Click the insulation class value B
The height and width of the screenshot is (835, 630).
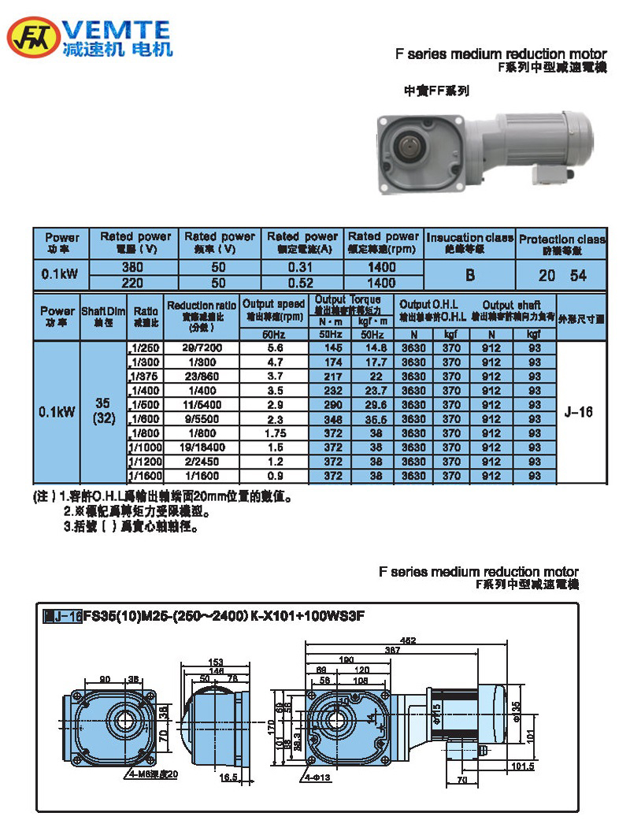[x=469, y=275]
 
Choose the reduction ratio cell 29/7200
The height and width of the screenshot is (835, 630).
[x=201, y=347]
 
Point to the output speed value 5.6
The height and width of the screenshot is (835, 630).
[x=274, y=347]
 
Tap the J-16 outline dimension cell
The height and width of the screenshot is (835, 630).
[x=581, y=411]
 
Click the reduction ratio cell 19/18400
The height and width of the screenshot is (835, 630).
[x=201, y=447]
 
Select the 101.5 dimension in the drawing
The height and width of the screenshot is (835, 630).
[x=522, y=765]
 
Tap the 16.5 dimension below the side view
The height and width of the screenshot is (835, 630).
[x=228, y=777]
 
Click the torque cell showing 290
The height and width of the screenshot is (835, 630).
[x=328, y=404]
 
